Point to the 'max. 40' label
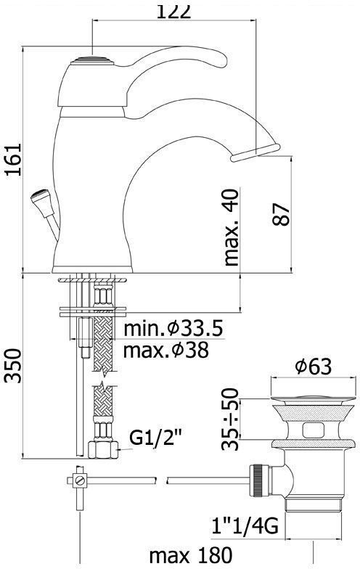pos(232,228)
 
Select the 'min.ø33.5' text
pos(173,328)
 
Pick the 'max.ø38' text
pos(166,350)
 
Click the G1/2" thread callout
pos(155,438)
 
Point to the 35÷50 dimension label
pos(231,419)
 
